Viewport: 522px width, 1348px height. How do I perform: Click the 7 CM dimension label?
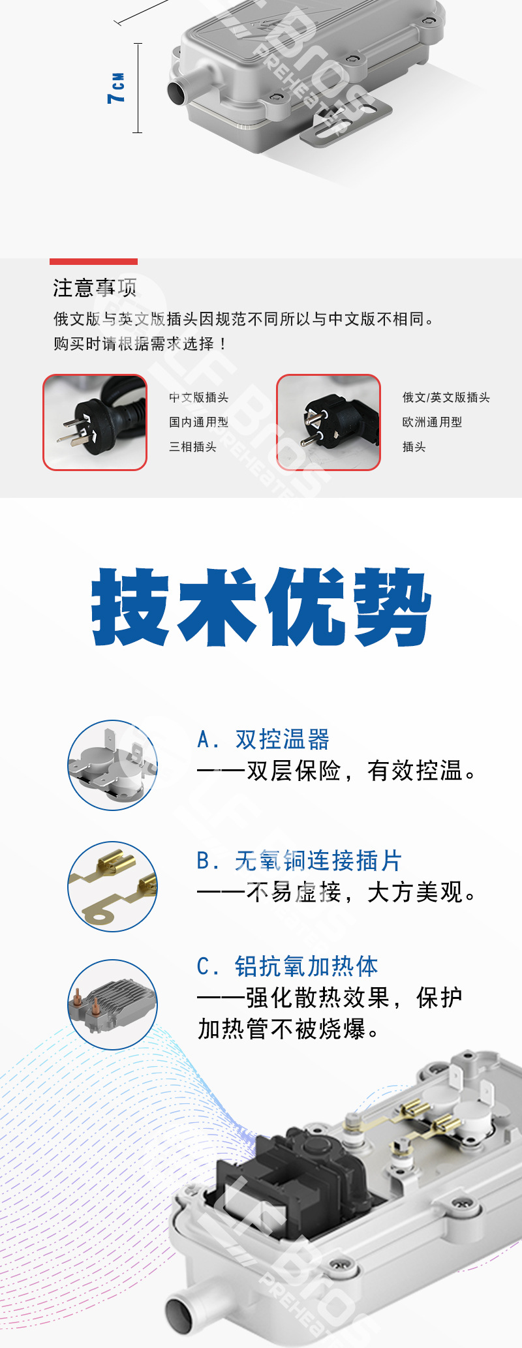pyautogui.click(x=116, y=88)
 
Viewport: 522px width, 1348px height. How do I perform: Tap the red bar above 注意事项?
pyautogui.click(x=93, y=262)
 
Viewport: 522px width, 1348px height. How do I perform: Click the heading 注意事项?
pyautogui.click(x=95, y=287)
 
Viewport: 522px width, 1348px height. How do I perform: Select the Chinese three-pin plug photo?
pyautogui.click(x=95, y=422)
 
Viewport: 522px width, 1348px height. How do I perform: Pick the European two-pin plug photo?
pyautogui.click(x=328, y=422)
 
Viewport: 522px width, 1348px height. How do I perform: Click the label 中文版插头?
pyautogui.click(x=198, y=397)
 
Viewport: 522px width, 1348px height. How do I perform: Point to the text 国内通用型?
pyautogui.click(x=198, y=422)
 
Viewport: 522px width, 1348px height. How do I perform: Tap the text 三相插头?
pyautogui.click(x=192, y=447)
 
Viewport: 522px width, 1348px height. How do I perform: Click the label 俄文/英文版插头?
pyautogui.click(x=446, y=397)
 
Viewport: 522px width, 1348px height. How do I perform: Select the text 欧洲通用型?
pyautogui.click(x=432, y=422)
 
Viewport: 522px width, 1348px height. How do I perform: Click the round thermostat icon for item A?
pyautogui.click(x=112, y=765)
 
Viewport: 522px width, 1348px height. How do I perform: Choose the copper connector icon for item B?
pyautogui.click(x=112, y=887)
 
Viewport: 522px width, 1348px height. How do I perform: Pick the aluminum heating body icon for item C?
pyautogui.click(x=112, y=1004)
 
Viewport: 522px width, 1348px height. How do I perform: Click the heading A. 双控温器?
pyautogui.click(x=263, y=740)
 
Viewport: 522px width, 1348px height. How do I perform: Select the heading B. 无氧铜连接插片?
pyautogui.click(x=299, y=861)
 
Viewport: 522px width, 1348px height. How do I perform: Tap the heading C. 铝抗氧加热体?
pyautogui.click(x=287, y=966)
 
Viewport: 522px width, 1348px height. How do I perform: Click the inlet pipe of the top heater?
pyautogui.click(x=179, y=92)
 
